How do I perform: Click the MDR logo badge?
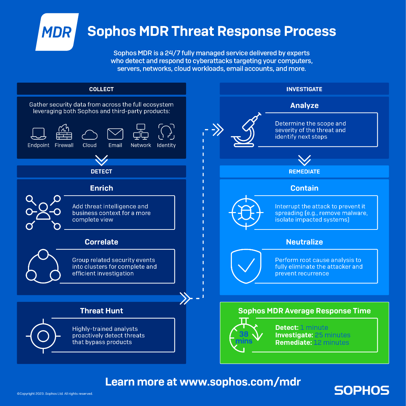pyautogui.click(x=57, y=32)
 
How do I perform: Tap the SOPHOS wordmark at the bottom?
pyautogui.click(x=362, y=390)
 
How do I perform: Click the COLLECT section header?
pyautogui.click(x=101, y=89)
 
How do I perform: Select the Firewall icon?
pyautogui.click(x=64, y=132)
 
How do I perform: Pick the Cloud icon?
pyautogui.click(x=89, y=135)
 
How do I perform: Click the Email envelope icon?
pyautogui.click(x=115, y=134)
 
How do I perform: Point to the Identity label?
pyautogui.click(x=166, y=145)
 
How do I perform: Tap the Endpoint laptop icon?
pyautogui.click(x=38, y=134)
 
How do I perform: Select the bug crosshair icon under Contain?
pyautogui.click(x=246, y=212)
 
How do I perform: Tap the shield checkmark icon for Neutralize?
pyautogui.click(x=246, y=266)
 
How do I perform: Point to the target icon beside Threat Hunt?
pyautogui.click(x=43, y=336)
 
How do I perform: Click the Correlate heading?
pyautogui.click(x=101, y=242)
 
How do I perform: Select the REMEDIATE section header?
pyautogui.click(x=304, y=171)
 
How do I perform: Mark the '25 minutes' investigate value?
pyautogui.click(x=333, y=335)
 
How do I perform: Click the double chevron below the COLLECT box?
pyautogui.click(x=101, y=160)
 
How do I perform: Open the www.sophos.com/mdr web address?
pyautogui.click(x=240, y=381)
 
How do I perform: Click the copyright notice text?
pyautogui.click(x=55, y=394)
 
